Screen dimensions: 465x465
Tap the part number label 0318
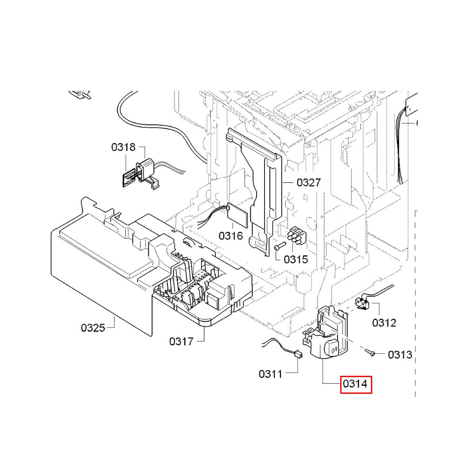tap(123, 147)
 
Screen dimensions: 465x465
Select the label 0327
tap(308, 183)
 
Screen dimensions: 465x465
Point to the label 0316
tap(231, 236)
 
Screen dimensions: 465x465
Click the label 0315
tap(296, 259)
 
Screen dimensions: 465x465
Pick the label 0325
tap(93, 328)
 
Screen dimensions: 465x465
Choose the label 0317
tap(181, 342)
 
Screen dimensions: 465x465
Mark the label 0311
tap(271, 373)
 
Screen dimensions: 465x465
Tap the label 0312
tap(384, 322)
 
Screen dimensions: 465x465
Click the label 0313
tap(400, 355)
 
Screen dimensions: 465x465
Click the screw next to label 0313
tap(370, 353)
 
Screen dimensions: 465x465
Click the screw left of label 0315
tap(278, 249)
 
